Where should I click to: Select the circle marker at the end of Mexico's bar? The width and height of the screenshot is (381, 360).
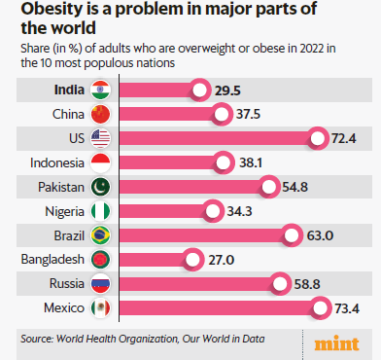tap(320, 307)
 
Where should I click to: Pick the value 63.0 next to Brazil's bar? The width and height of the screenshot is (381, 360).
tap(320, 234)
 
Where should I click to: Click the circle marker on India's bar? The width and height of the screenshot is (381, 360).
tap(199, 90)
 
